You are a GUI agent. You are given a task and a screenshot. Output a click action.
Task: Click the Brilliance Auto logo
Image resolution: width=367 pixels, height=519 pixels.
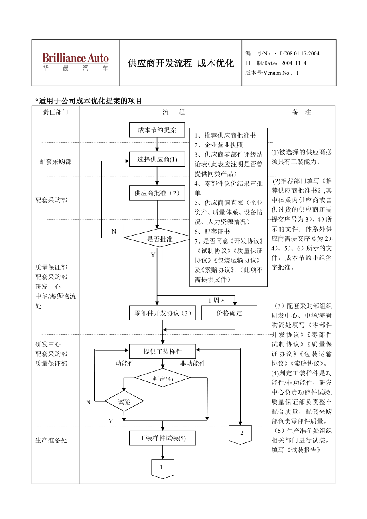75,62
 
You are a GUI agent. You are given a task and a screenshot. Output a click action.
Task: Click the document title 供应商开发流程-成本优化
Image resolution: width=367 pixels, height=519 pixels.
181,63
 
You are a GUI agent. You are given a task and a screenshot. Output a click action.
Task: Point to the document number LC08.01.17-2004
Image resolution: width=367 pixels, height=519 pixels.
299,53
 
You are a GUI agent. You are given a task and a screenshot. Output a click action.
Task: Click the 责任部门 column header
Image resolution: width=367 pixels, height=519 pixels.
55,112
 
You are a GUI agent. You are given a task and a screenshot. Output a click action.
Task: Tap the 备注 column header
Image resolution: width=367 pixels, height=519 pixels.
301,112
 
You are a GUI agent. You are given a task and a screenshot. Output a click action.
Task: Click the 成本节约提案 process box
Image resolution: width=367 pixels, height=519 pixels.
157,130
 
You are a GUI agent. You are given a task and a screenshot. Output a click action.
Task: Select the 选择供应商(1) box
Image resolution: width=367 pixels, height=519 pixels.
157,159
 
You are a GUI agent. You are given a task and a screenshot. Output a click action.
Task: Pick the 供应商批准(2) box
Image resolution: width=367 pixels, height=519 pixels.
157,193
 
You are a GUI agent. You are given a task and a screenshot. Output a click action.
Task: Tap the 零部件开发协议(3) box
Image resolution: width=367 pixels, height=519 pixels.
163,313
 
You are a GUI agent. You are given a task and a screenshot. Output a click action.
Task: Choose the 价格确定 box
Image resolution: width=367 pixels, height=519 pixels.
229,313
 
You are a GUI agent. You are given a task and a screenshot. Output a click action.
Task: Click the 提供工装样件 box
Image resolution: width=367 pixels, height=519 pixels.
163,351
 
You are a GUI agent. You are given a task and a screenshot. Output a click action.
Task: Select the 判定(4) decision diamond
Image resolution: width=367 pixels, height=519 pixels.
163,378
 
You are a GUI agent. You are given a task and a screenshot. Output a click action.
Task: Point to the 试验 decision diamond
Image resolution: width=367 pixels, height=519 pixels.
124,402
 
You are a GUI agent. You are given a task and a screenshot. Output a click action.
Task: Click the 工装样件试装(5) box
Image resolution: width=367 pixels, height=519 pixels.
163,438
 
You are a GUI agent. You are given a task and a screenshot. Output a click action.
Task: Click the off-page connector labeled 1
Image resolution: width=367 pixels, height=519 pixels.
162,468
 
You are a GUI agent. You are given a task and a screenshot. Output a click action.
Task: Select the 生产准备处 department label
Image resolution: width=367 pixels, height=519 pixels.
51,440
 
